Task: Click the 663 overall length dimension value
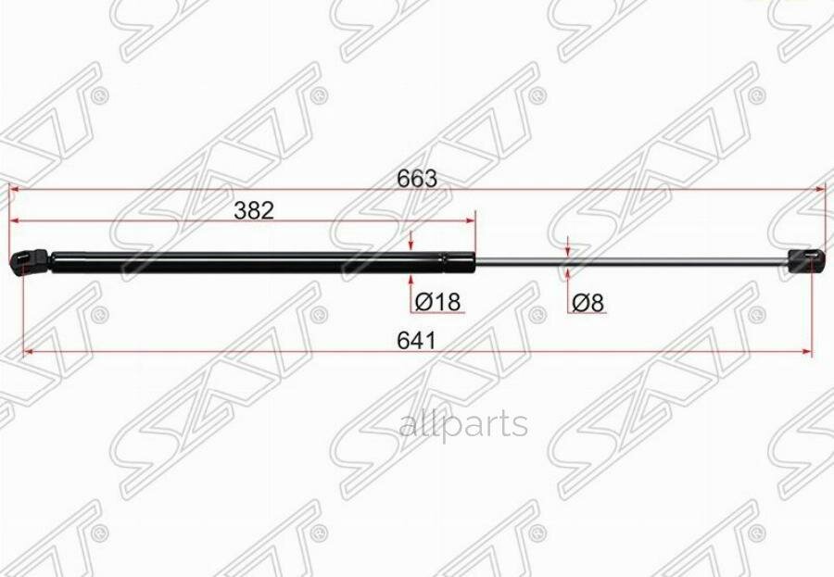417,178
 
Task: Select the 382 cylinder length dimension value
253,210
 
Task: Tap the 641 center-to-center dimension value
416,340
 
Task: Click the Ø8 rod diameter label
588,302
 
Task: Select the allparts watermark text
463,424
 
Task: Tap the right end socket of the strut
804,259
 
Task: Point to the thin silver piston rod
630,261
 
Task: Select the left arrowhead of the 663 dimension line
14,188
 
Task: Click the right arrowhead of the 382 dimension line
470,221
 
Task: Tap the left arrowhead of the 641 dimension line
28,351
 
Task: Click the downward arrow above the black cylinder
411,243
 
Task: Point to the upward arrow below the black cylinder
411,280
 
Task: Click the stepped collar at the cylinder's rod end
458,261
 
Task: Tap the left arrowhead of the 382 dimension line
14,221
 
